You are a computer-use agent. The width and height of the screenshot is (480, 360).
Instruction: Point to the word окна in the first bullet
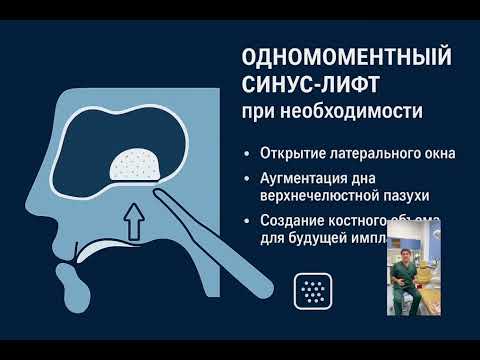(436, 155)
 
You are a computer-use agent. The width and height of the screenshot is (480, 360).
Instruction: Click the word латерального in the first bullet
(369, 155)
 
